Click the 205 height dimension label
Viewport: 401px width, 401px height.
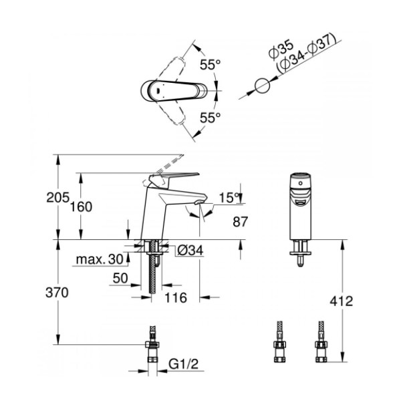(57, 197)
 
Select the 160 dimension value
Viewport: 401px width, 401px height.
(81, 207)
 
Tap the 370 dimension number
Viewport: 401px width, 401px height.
(57, 292)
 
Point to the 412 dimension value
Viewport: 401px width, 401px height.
(341, 301)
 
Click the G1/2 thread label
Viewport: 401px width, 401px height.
(183, 364)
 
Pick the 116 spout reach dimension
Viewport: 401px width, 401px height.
(175, 297)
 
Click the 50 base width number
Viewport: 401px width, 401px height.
(120, 278)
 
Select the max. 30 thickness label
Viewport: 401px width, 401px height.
(100, 259)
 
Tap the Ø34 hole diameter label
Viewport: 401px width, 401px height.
(190, 250)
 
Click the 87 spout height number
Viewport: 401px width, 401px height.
(241, 221)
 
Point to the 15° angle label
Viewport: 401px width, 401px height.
(229, 198)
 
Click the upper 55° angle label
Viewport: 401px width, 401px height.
(210, 64)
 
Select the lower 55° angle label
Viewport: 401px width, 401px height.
(210, 118)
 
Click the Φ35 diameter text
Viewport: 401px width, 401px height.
(281, 49)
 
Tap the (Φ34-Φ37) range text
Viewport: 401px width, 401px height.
(306, 53)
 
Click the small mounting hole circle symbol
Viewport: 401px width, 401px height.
(263, 86)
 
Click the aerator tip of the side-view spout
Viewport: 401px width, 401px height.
(199, 203)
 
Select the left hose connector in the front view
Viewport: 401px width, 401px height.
(279, 342)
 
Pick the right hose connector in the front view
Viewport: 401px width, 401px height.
(321, 342)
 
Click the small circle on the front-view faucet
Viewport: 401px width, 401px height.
(301, 183)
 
